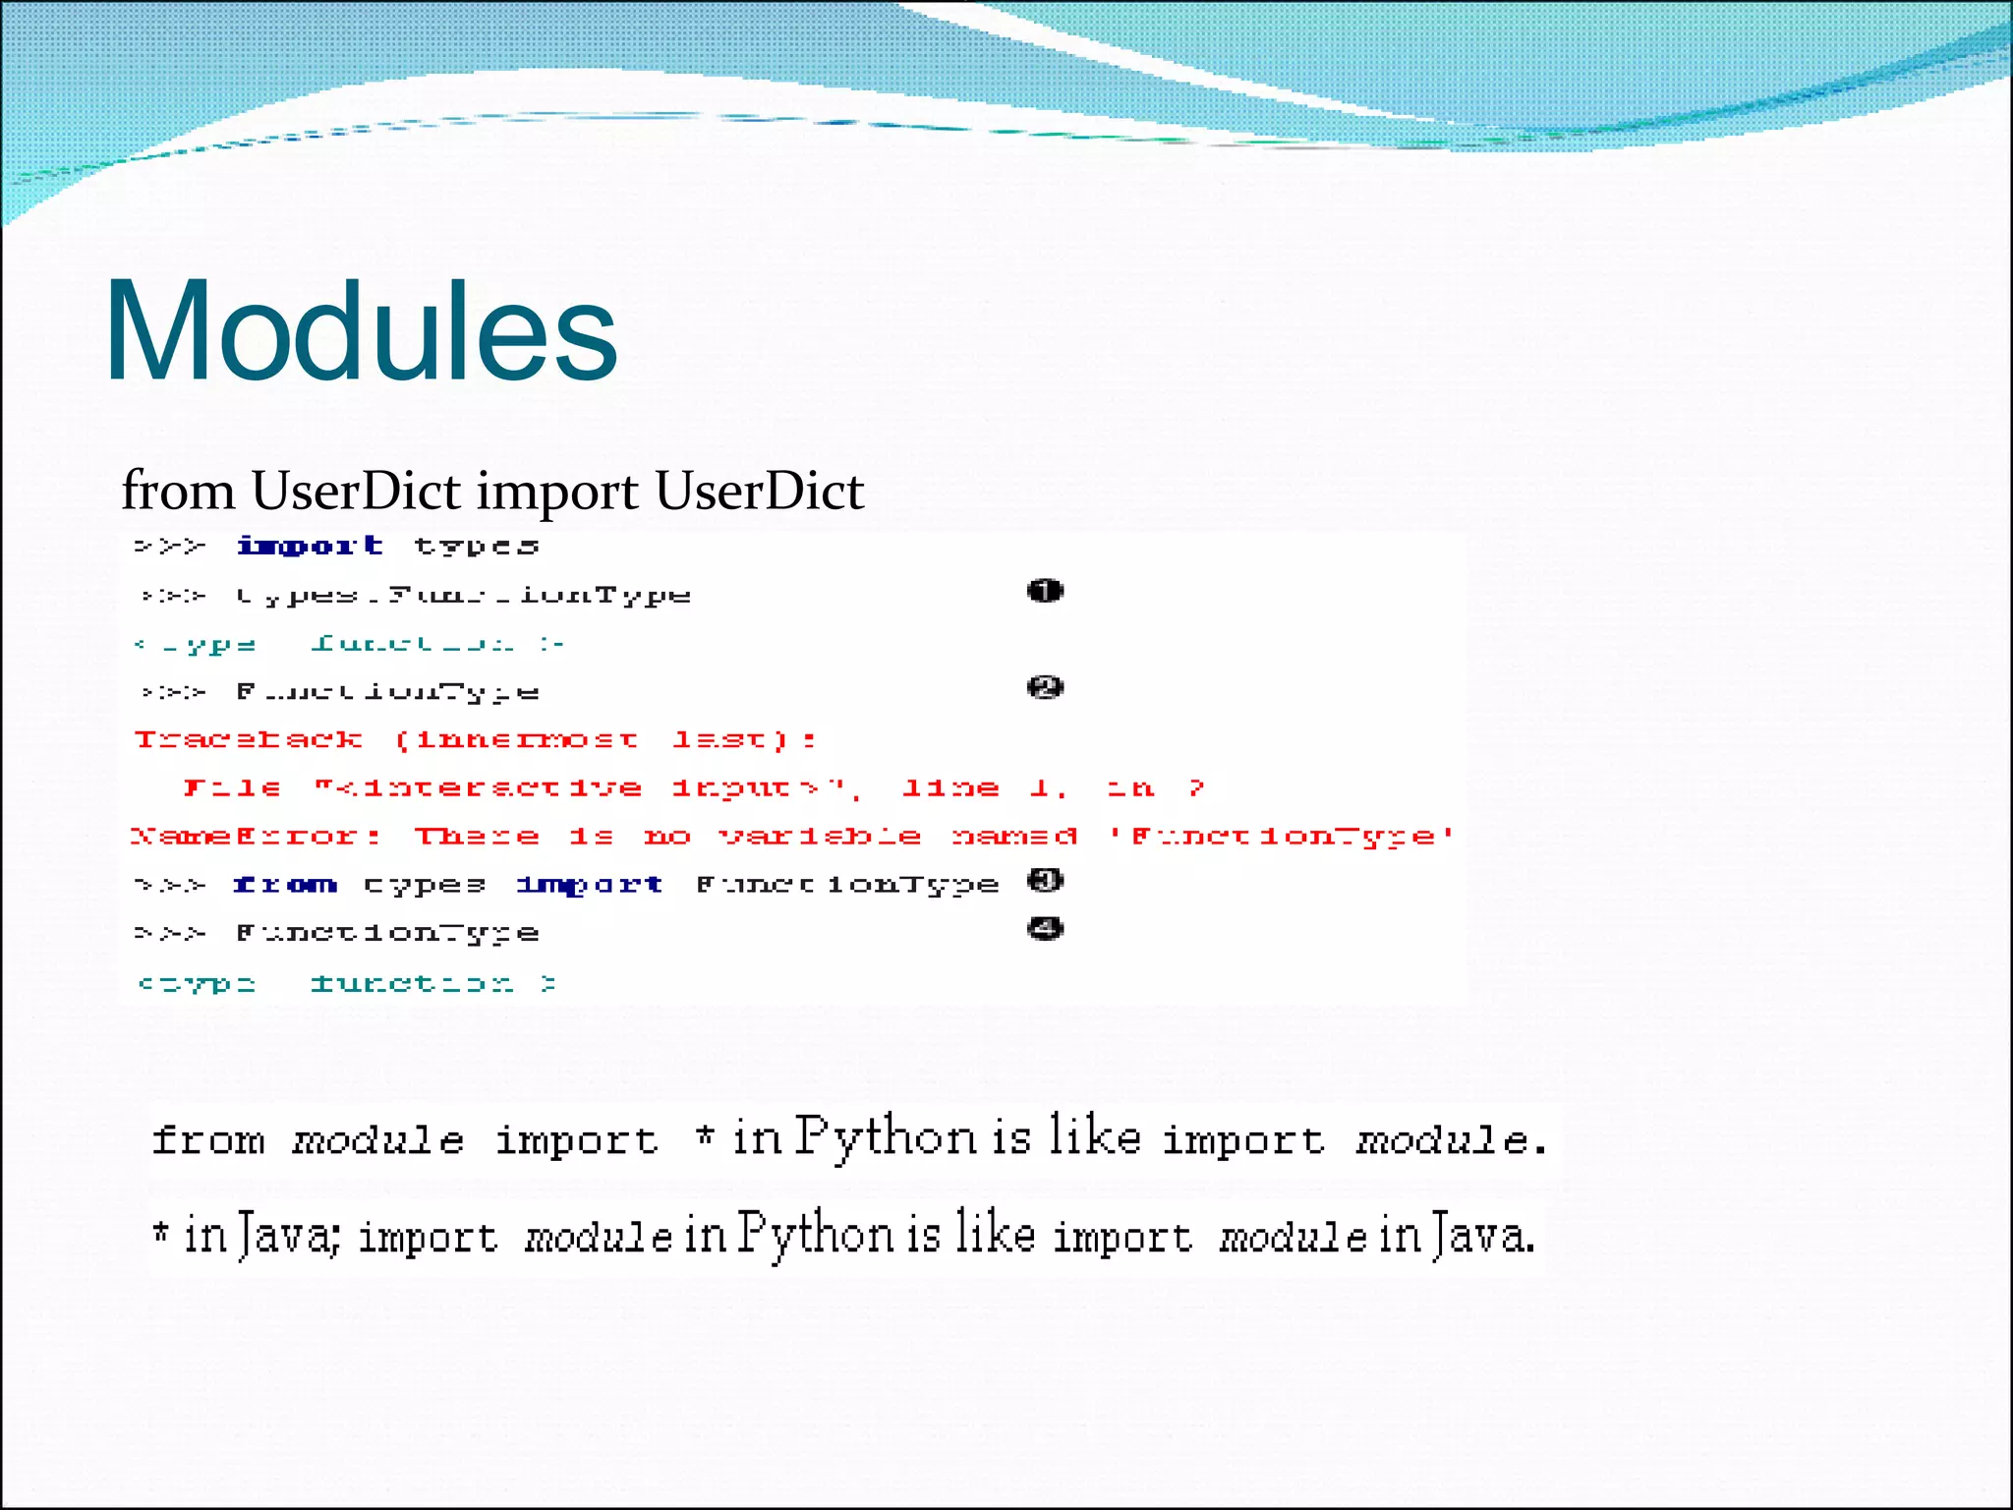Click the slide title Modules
(x=361, y=330)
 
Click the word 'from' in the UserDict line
(x=178, y=491)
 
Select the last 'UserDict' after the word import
(x=759, y=491)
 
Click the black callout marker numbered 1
(x=1045, y=591)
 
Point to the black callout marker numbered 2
(x=1045, y=687)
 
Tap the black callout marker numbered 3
(x=1045, y=880)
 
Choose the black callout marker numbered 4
(x=1045, y=928)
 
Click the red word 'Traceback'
(x=248, y=739)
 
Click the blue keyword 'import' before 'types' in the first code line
(x=310, y=546)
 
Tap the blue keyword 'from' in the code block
(x=285, y=885)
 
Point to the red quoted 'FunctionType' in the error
(x=1282, y=837)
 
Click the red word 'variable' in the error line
(x=820, y=837)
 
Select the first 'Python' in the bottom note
(x=885, y=1137)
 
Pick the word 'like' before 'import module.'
(x=1094, y=1137)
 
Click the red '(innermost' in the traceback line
(x=517, y=739)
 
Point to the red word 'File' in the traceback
(x=233, y=788)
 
